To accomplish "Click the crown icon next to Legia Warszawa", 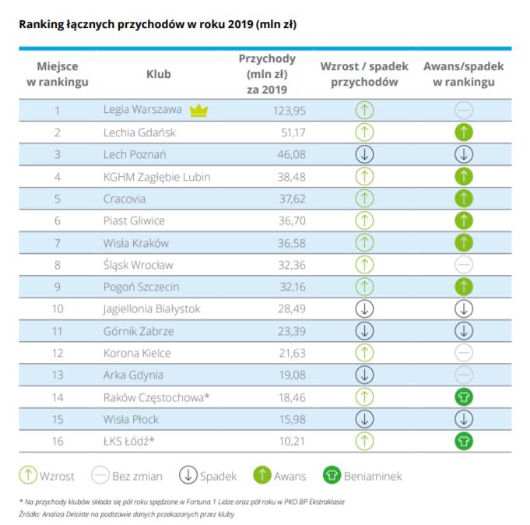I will [x=199, y=110].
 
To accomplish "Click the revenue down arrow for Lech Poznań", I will [x=364, y=154].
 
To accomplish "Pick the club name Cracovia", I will [x=125, y=199].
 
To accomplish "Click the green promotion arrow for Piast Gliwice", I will [x=464, y=220].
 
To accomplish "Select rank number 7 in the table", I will [x=58, y=243].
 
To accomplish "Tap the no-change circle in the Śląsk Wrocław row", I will [x=464, y=265].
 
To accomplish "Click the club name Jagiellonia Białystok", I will [x=152, y=309].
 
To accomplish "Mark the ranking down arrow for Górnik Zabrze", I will [x=464, y=331].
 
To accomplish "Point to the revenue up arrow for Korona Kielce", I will [x=364, y=353].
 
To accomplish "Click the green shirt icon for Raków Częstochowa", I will [x=464, y=397].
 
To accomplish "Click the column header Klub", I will [x=159, y=74].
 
